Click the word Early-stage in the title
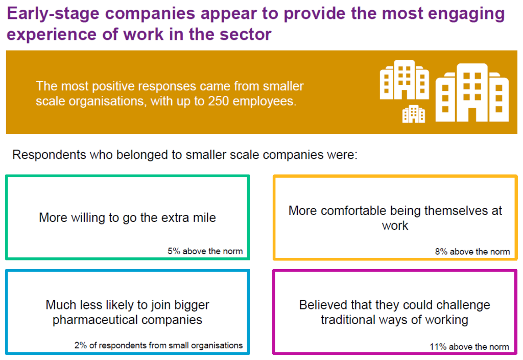click(53, 14)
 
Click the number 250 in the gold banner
click(218, 101)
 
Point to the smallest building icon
click(414, 114)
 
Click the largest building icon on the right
click(472, 92)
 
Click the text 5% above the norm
click(205, 251)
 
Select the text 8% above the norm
click(472, 252)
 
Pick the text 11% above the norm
click(469, 347)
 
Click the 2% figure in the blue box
click(80, 345)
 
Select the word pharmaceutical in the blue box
click(95, 320)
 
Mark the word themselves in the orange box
click(456, 211)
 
